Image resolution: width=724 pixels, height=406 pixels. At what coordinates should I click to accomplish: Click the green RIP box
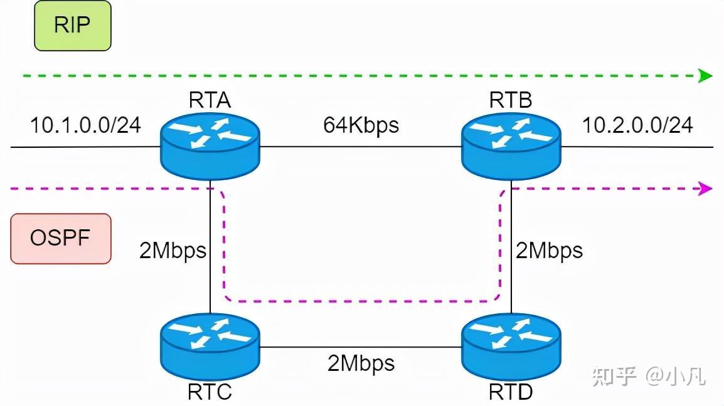(x=72, y=26)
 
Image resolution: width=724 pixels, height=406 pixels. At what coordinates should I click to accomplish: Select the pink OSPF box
(x=61, y=238)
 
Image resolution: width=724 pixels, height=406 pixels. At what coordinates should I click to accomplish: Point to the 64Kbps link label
(x=361, y=125)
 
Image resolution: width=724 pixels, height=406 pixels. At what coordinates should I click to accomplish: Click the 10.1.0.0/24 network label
(x=86, y=125)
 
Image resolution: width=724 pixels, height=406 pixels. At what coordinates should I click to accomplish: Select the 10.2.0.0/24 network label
(x=637, y=125)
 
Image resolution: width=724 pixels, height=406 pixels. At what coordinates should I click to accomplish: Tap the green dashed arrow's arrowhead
(x=706, y=76)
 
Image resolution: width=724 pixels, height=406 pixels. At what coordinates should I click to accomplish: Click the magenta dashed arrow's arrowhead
(x=706, y=188)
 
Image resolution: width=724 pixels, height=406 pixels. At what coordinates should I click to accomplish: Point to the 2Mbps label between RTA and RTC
(x=173, y=251)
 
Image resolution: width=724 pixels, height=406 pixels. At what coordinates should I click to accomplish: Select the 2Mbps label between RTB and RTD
(x=549, y=251)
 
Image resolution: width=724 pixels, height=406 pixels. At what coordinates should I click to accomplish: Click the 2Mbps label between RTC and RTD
(x=361, y=363)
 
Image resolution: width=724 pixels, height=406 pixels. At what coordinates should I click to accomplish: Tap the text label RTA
(x=210, y=100)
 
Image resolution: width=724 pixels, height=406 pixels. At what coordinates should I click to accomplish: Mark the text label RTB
(x=511, y=100)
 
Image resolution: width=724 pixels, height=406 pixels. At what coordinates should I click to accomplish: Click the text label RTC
(x=210, y=392)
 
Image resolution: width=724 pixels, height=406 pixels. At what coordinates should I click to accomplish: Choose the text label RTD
(x=511, y=392)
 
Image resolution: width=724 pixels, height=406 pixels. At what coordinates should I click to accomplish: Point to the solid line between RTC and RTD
(x=361, y=346)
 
